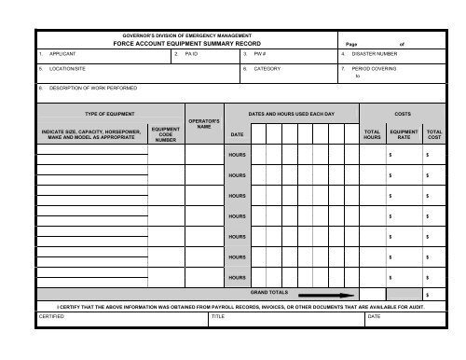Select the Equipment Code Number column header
click(x=165, y=134)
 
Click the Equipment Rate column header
click(x=404, y=135)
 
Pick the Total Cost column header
click(x=434, y=135)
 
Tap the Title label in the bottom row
click(x=219, y=317)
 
